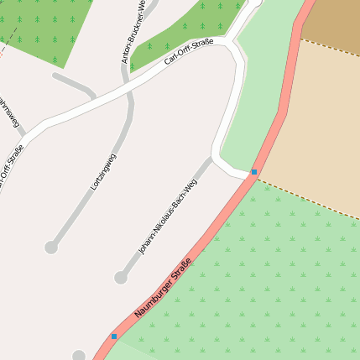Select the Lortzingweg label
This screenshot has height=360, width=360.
(x=103, y=172)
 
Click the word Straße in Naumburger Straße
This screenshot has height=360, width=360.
(x=181, y=271)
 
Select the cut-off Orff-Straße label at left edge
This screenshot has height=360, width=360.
(x=12, y=168)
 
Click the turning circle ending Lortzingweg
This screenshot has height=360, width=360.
(x=51, y=248)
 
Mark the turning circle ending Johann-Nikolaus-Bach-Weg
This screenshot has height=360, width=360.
(x=121, y=277)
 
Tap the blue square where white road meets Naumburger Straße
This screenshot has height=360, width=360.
(x=253, y=172)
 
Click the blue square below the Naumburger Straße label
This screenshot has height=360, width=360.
(x=114, y=337)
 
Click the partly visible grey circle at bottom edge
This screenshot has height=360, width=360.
(x=80, y=356)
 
